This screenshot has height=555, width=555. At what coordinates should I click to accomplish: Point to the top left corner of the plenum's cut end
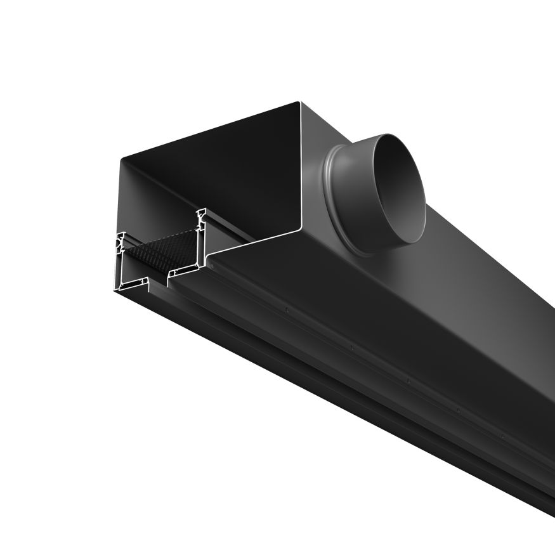point(121,159)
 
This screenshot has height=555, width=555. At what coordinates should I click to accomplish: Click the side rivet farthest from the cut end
point(502,436)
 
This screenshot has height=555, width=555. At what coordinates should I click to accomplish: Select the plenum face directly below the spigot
point(381,298)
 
